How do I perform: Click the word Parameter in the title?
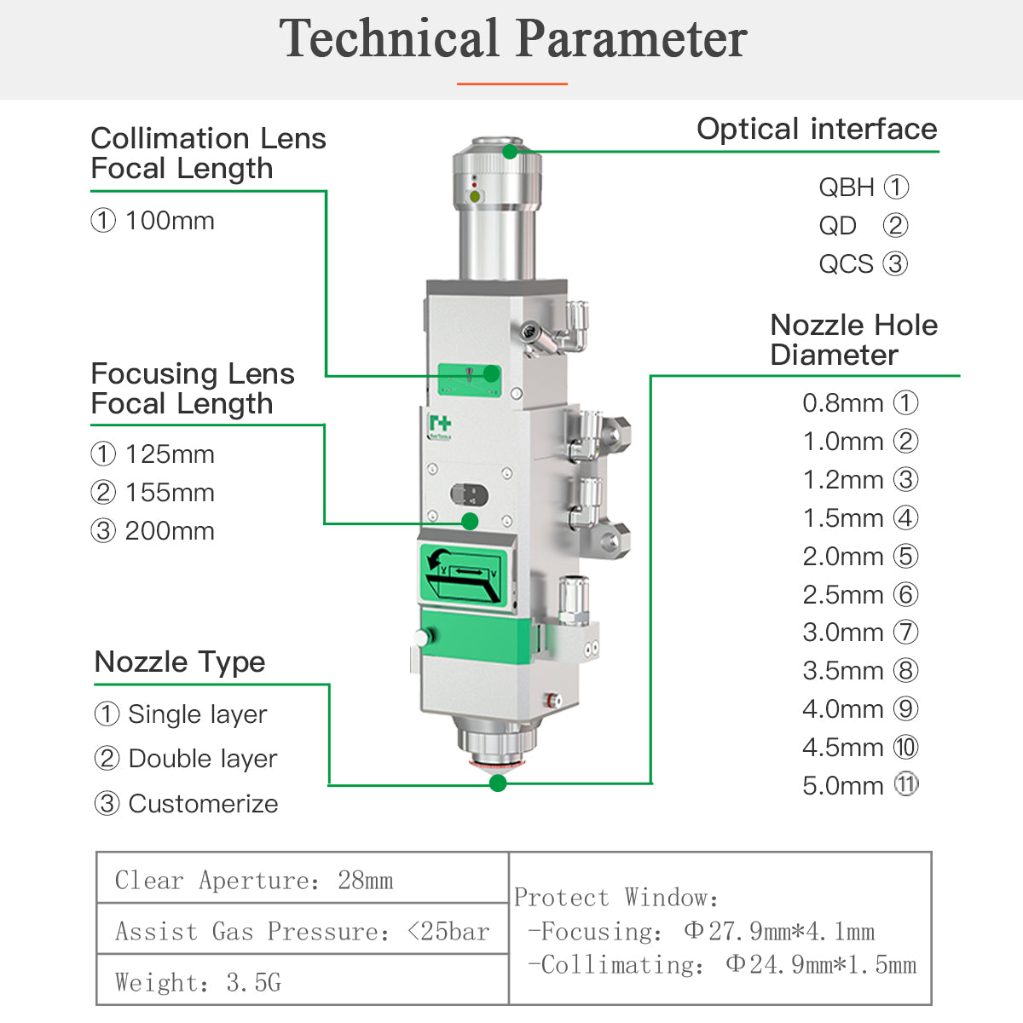pos(632,38)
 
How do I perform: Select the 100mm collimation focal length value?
pos(153,220)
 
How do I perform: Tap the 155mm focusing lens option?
pos(153,492)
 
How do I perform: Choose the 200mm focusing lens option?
pos(153,530)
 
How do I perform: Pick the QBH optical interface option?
pos(864,187)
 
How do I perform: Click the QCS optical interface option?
pos(864,263)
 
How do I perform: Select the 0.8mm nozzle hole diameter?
pos(860,403)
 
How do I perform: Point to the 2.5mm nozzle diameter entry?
pos(860,594)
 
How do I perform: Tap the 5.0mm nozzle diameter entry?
pos(860,785)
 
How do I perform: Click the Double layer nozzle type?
pos(186,759)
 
